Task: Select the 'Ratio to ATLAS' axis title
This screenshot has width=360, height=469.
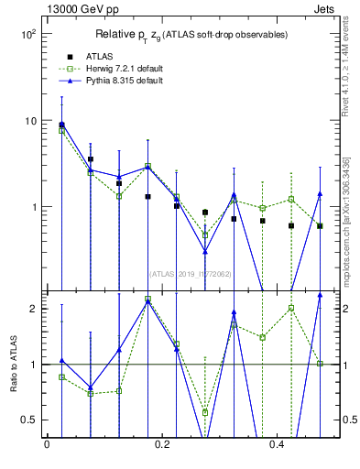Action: tap(12, 364)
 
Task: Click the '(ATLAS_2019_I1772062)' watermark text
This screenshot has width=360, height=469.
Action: tap(189, 272)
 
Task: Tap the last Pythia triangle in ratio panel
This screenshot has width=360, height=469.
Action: tap(320, 295)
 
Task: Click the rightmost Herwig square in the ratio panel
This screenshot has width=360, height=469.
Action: tap(320, 364)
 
